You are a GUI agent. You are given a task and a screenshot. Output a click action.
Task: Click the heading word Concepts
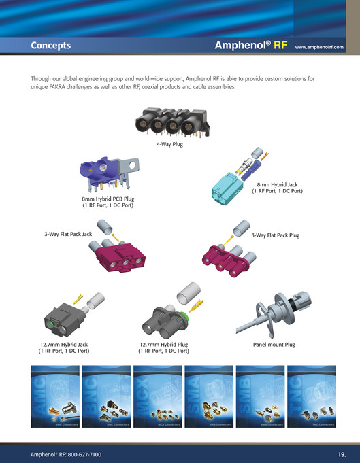pos(50,46)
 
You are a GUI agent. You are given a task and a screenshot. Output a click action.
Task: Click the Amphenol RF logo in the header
pos(252,46)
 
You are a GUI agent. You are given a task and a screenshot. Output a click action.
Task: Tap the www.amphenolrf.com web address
pos(319,48)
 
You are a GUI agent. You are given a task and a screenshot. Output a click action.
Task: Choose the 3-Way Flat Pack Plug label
pos(276,235)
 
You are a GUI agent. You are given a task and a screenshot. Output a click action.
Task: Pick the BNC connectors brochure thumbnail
pos(105,396)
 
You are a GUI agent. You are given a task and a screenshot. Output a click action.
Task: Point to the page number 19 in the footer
pos(342,453)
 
